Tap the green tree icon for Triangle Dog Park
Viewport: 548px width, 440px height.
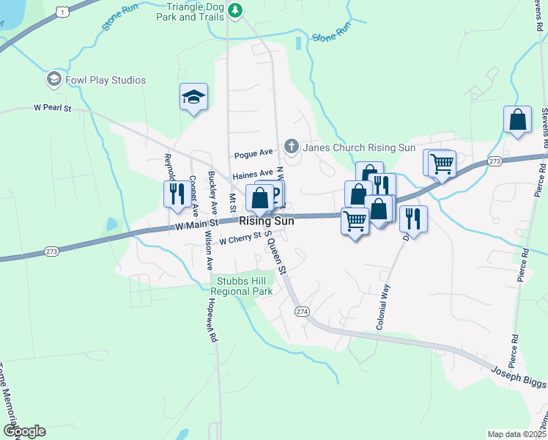pyautogui.click(x=235, y=10)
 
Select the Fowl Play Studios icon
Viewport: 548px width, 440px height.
pyautogui.click(x=53, y=79)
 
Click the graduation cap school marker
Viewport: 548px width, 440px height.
pyautogui.click(x=193, y=97)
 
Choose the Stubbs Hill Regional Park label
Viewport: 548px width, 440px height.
pyautogui.click(x=244, y=286)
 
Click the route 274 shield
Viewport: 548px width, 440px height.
pyautogui.click(x=303, y=312)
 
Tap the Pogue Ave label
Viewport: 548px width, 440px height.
pyautogui.click(x=253, y=155)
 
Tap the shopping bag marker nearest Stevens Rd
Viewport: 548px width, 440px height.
pyautogui.click(x=517, y=120)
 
